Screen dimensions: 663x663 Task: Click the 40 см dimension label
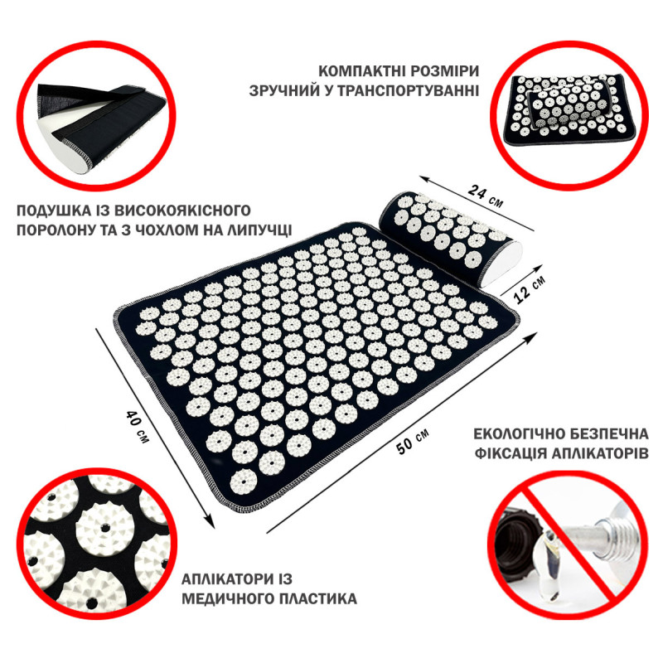(138, 426)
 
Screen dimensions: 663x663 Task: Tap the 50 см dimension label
(413, 441)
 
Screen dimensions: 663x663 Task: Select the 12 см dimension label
(530, 288)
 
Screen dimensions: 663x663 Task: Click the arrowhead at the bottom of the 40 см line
(211, 523)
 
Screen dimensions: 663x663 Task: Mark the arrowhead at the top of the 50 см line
(530, 336)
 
